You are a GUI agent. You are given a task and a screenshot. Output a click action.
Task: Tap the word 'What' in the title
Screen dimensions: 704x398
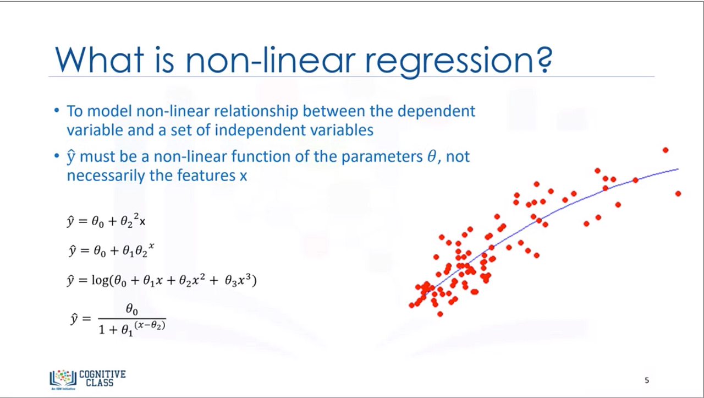(x=100, y=60)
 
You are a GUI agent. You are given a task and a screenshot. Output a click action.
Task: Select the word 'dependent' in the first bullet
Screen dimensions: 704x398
(x=436, y=111)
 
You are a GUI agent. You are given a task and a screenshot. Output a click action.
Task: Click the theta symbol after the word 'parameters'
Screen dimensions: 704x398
(x=432, y=156)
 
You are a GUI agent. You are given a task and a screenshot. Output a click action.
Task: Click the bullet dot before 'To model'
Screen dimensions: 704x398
(x=57, y=111)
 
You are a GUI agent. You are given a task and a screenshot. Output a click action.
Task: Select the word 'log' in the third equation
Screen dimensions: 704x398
(x=100, y=280)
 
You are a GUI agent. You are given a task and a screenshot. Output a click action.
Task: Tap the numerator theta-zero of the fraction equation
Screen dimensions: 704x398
(x=132, y=309)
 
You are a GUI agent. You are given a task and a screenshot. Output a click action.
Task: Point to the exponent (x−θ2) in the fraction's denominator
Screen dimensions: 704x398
(x=150, y=325)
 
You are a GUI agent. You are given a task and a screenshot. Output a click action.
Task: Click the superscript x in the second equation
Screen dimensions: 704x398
(x=151, y=245)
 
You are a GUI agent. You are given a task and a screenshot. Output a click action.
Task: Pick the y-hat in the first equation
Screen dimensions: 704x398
(x=70, y=221)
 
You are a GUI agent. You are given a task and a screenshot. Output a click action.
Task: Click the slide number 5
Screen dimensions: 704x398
(x=647, y=380)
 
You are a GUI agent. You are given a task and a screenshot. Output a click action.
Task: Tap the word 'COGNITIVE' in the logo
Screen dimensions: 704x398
(x=102, y=374)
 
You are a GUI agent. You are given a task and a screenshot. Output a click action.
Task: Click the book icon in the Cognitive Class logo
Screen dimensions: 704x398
(x=63, y=379)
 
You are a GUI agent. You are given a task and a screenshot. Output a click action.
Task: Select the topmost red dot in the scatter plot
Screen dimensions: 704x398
(x=665, y=150)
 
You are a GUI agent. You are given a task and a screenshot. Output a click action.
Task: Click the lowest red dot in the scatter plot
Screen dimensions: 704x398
(x=440, y=314)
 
